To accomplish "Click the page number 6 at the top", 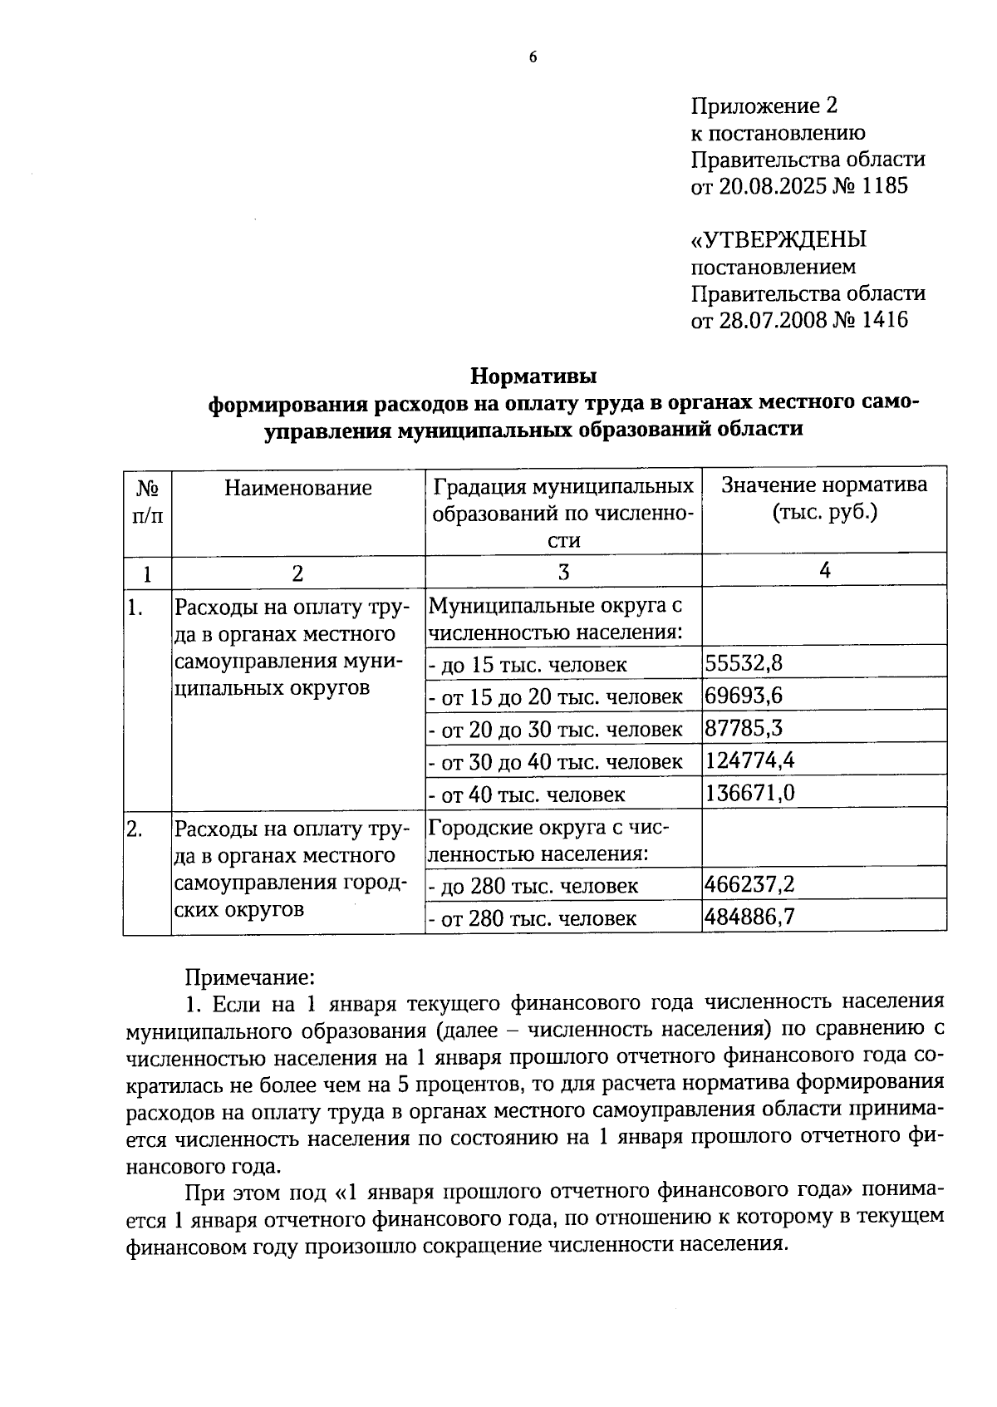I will coord(533,57).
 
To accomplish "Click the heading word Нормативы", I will coord(534,376).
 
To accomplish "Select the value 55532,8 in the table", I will coord(744,662).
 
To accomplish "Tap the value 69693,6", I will coord(744,695).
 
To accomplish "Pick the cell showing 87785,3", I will coord(744,728).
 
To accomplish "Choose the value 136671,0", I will coord(749,793).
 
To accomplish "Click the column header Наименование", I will coord(297,488).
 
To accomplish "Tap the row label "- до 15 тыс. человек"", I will coord(528,665).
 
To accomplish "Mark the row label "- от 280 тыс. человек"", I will coord(533,918).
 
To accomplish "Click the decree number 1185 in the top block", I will coord(886,185).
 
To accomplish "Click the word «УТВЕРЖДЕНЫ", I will coord(778,240).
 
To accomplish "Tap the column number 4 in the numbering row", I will coord(824,570).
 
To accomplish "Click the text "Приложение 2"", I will coord(764,106).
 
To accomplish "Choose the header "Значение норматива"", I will coord(824,485).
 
